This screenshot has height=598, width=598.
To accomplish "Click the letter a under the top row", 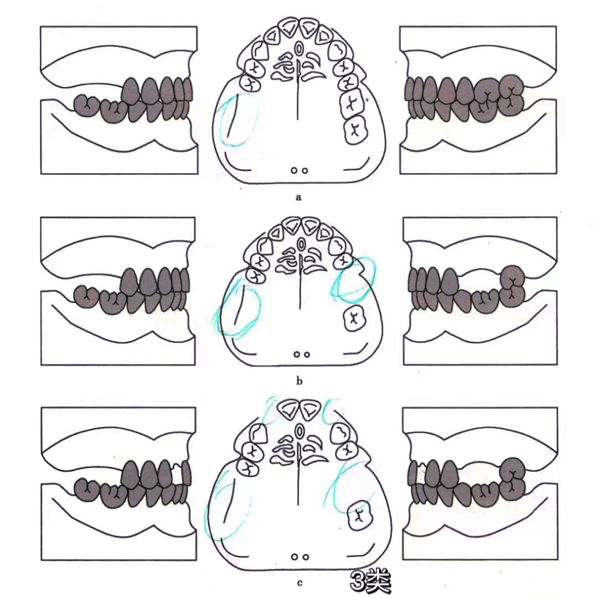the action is (x=298, y=197).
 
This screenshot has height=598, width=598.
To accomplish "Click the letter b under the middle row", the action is (x=299, y=381).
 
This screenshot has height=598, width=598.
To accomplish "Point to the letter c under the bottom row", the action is (x=300, y=583).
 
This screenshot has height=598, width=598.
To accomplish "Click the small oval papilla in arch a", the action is (x=299, y=48).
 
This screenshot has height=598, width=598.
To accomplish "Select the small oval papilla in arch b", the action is (x=301, y=243).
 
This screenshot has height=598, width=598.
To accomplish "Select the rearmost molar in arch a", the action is (x=355, y=130).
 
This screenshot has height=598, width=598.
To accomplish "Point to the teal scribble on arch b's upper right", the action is (x=353, y=278).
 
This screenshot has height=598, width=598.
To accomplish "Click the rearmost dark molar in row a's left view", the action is (x=86, y=106).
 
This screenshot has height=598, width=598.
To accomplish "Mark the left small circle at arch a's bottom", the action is (x=294, y=170).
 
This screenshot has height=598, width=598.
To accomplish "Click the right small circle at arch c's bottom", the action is (x=305, y=557).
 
